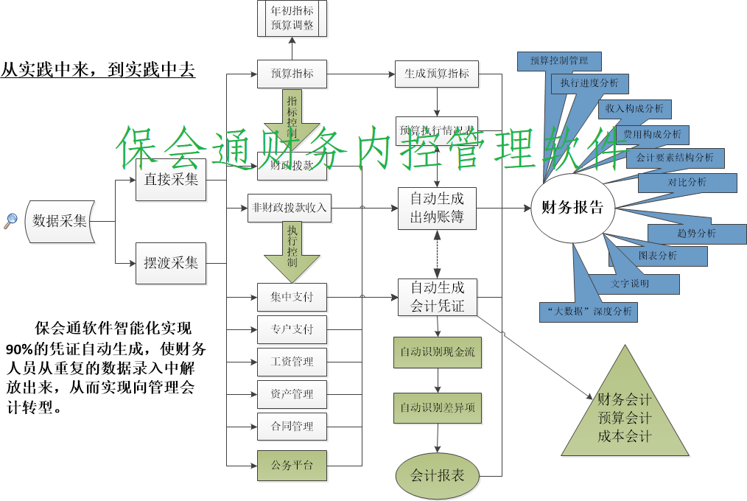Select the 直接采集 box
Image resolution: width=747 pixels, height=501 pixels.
(x=170, y=178)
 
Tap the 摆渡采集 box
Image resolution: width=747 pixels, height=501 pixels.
(x=170, y=263)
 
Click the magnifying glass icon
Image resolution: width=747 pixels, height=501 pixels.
(x=10, y=220)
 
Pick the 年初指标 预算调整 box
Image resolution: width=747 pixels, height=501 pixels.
(x=292, y=18)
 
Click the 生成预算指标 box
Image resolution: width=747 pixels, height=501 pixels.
(x=437, y=74)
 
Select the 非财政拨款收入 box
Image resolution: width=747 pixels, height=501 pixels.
(x=289, y=208)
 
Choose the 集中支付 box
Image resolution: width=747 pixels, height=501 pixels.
(x=292, y=297)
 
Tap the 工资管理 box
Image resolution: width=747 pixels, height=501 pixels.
(x=292, y=362)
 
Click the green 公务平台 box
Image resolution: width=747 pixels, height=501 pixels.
(x=292, y=465)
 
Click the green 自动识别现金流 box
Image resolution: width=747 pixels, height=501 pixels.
(x=437, y=352)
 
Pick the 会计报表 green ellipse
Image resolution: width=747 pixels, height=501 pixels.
(x=437, y=475)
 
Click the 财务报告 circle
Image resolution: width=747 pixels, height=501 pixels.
(x=572, y=208)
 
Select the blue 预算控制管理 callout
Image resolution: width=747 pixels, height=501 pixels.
(x=558, y=60)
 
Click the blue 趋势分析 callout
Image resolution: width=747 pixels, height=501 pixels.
(x=696, y=234)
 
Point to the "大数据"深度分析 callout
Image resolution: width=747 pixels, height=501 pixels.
(x=587, y=312)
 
